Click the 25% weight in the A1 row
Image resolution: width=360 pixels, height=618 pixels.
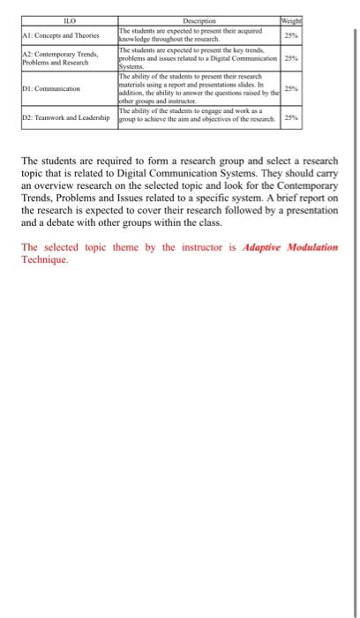tap(289, 34)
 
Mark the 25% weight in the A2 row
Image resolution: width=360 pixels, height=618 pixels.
tap(289, 59)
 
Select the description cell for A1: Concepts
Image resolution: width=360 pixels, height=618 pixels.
tap(198, 34)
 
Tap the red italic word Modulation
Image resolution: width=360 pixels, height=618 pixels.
tap(313, 247)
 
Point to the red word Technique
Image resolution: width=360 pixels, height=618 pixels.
tap(44, 261)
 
